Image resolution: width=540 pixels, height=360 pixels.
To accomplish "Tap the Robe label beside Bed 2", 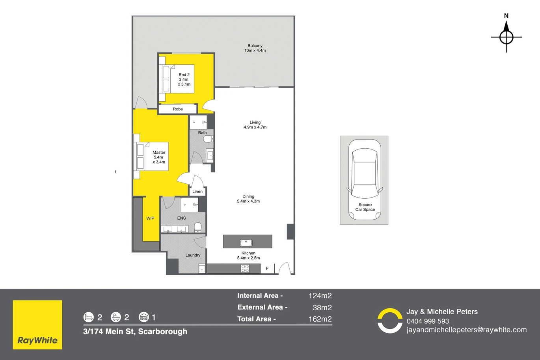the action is pyautogui.click(x=178, y=109).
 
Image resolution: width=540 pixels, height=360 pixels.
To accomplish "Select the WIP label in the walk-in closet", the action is pyautogui.click(x=150, y=218).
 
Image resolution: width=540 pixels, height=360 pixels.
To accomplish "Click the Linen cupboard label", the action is pyautogui.click(x=197, y=192).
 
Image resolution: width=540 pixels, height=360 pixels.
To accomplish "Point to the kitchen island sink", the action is pyautogui.click(x=246, y=242).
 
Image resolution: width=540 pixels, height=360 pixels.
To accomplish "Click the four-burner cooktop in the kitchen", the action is pyautogui.click(x=245, y=269).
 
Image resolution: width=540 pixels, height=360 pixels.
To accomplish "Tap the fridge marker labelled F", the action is pyautogui.click(x=267, y=269).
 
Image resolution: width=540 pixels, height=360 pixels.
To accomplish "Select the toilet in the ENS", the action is pyautogui.click(x=198, y=228).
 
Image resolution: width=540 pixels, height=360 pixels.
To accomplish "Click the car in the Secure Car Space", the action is pyautogui.click(x=365, y=180).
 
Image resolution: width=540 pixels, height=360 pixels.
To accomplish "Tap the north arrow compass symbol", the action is pyautogui.click(x=506, y=37).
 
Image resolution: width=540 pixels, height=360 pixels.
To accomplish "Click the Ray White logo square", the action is pyautogui.click(x=37, y=325).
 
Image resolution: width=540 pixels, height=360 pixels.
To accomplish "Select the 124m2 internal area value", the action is pyautogui.click(x=320, y=296).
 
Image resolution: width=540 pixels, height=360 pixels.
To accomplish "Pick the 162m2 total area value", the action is pyautogui.click(x=320, y=319).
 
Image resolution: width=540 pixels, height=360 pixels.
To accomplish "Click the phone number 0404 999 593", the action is pyautogui.click(x=428, y=321).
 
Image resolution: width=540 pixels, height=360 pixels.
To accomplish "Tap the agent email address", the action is pyautogui.click(x=467, y=330).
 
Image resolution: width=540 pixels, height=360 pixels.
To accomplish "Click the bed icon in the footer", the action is pyautogui.click(x=88, y=317).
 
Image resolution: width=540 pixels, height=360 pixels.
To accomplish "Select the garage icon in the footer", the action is pyautogui.click(x=144, y=317).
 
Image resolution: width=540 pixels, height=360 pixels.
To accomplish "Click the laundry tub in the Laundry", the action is pyautogui.click(x=202, y=269).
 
